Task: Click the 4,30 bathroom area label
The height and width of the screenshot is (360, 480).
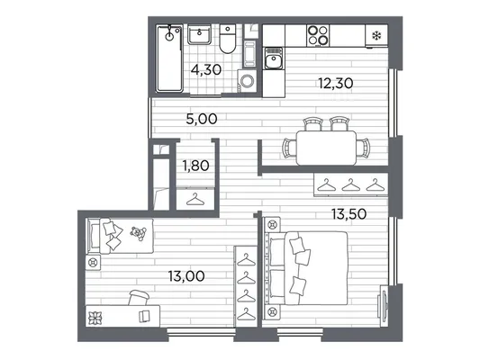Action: pyautogui.click(x=206, y=70)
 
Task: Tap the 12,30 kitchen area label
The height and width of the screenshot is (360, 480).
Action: pyautogui.click(x=336, y=83)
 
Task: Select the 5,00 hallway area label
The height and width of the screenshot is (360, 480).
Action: pyautogui.click(x=202, y=119)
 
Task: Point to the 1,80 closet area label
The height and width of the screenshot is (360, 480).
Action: pyautogui.click(x=195, y=166)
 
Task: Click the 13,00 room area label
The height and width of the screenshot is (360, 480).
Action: pyautogui.click(x=186, y=276)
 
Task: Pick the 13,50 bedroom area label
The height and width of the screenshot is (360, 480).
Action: pyautogui.click(x=349, y=214)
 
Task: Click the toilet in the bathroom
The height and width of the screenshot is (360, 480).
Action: pyautogui.click(x=227, y=40)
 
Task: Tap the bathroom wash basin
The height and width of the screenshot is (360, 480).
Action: pyautogui.click(x=199, y=34)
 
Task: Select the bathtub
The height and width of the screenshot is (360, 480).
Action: pyautogui.click(x=169, y=58)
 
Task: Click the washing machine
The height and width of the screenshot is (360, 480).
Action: pyautogui.click(x=247, y=81)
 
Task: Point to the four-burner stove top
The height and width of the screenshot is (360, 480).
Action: pyautogui.click(x=318, y=35)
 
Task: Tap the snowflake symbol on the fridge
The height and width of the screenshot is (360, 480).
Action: pyautogui.click(x=376, y=36)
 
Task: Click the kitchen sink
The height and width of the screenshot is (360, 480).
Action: pyautogui.click(x=274, y=58)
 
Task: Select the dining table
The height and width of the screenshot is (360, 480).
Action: pyautogui.click(x=326, y=148)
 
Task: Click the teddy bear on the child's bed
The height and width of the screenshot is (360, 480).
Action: pyautogui.click(x=138, y=233)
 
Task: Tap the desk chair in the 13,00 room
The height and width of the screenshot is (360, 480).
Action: pyautogui.click(x=140, y=298)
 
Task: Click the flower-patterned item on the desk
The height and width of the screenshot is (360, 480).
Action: pyautogui.click(x=95, y=319)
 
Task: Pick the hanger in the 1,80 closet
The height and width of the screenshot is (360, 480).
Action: pyautogui.click(x=195, y=200)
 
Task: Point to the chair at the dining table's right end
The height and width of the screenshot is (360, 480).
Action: pyautogui.click(x=364, y=148)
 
